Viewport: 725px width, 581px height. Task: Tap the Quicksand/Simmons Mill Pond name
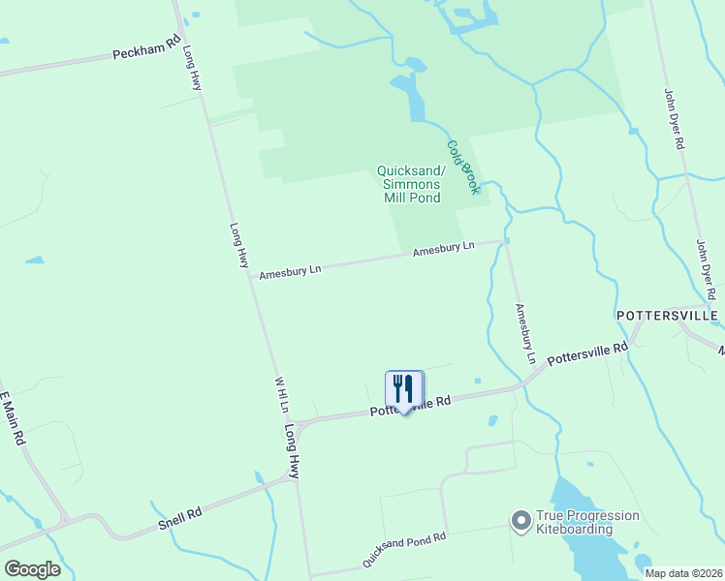[x=409, y=185]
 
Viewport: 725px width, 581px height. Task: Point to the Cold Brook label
[x=462, y=167]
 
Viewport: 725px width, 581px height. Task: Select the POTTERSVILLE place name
[x=667, y=317]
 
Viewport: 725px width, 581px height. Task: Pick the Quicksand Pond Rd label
[x=404, y=549]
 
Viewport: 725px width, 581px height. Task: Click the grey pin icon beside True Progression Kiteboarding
[x=521, y=522]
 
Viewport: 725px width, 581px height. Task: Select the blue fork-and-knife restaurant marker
[x=404, y=389]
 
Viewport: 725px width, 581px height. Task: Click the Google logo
[x=32, y=569]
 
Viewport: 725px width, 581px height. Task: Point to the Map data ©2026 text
[x=683, y=573]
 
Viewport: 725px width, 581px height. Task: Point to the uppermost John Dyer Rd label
[x=674, y=118]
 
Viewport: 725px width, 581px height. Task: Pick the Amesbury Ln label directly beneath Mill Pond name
[x=443, y=249]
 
